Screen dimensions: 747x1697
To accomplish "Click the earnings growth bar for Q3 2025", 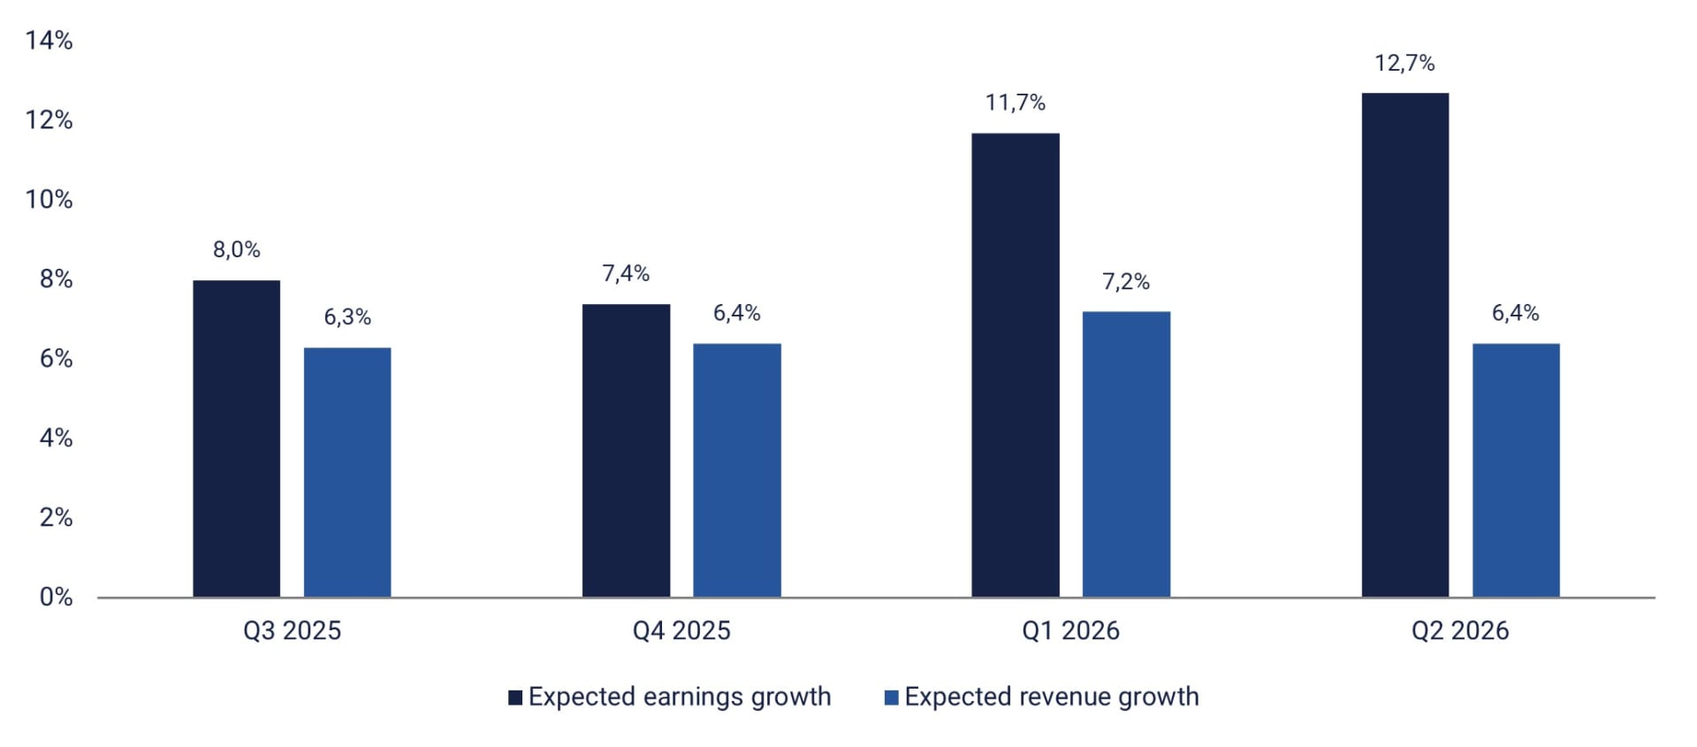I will tap(236, 438).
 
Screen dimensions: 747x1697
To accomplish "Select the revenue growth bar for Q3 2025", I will tap(347, 472).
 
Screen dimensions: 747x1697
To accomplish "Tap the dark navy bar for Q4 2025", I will tap(626, 451).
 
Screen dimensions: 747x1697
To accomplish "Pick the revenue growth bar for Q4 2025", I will tap(736, 470).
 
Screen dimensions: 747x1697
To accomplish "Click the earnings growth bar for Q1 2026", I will tap(1015, 365).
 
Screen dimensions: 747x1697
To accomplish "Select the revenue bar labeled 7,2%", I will tap(1125, 454).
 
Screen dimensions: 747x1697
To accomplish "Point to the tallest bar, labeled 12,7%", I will tap(1404, 345).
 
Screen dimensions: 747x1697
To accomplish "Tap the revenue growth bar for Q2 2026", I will tap(1515, 470).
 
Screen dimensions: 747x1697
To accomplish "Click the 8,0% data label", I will tap(236, 250).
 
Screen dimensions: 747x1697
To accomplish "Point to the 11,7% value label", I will tap(1015, 103).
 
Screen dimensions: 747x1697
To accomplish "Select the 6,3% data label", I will tap(347, 317).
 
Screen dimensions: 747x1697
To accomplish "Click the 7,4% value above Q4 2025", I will tap(626, 274).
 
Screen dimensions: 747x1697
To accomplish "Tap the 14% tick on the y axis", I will tap(49, 41).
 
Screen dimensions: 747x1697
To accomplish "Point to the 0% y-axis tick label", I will tap(56, 597).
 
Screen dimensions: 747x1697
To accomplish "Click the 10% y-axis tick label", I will tap(49, 200).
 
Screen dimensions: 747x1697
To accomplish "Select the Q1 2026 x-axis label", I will tap(1070, 631).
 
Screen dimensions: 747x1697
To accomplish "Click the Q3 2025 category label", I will tap(292, 631).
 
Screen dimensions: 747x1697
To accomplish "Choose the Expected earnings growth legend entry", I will tap(679, 697).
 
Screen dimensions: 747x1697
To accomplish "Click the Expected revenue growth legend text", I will tap(1051, 697).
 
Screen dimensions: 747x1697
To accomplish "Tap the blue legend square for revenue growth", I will tap(891, 698).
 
